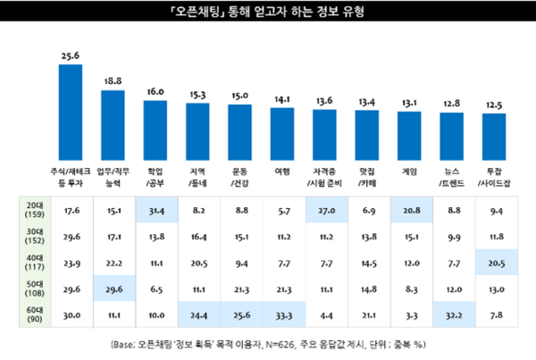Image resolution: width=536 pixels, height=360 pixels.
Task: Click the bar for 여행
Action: pos(281,135)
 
